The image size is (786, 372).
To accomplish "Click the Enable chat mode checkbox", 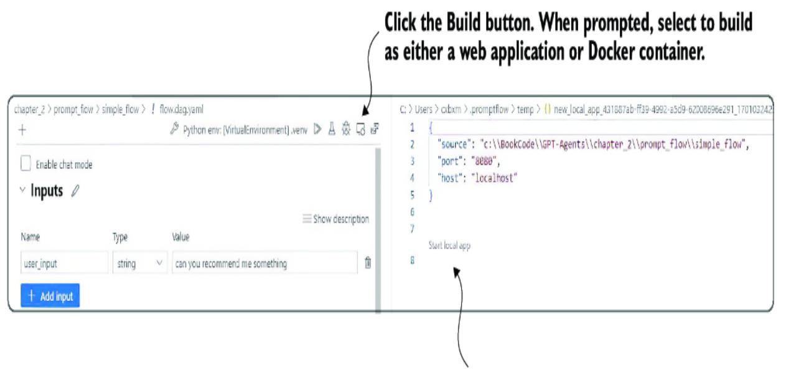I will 26,164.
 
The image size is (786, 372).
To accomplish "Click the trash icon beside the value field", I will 368,263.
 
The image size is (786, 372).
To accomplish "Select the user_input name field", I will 64,264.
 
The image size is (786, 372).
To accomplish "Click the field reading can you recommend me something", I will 264,264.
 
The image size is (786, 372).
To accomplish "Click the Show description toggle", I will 335,219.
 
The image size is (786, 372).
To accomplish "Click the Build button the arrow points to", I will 360,129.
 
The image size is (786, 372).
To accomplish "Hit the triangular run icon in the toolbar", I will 317,129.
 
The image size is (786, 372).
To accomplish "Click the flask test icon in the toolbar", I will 332,129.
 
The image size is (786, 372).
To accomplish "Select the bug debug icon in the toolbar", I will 346,129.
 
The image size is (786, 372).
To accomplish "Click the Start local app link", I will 449,246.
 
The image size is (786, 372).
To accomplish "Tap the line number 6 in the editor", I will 412,212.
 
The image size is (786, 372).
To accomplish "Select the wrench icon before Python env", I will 174,130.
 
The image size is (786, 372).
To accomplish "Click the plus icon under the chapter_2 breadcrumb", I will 22,130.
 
